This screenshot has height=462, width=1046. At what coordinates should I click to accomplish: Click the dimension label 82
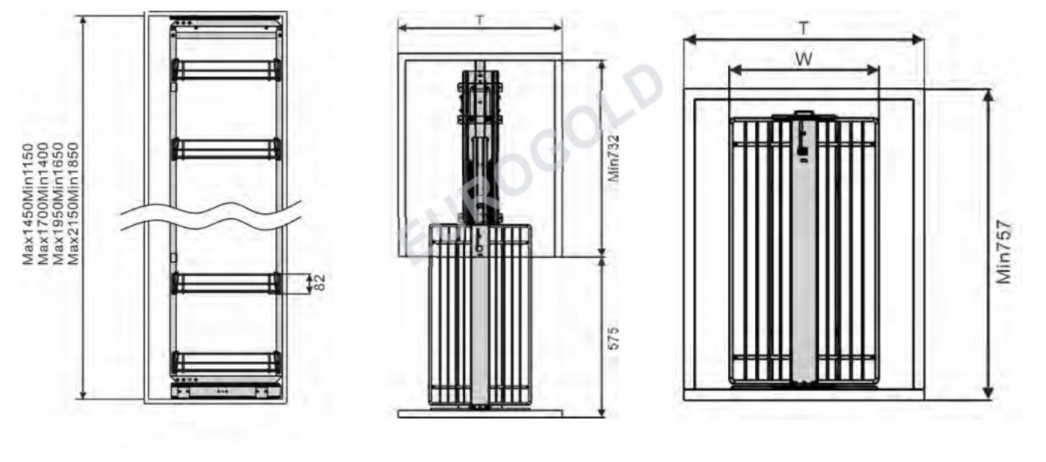pyautogui.click(x=320, y=283)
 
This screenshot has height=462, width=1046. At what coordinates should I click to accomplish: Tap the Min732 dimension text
pyautogui.click(x=614, y=158)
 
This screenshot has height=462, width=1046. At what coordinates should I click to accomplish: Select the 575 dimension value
pyautogui.click(x=614, y=338)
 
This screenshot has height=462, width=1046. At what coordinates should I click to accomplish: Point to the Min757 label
pyautogui.click(x=1003, y=251)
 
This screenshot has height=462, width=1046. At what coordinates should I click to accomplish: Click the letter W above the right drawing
pyautogui.click(x=803, y=59)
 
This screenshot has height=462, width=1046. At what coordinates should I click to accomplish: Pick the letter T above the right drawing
pyautogui.click(x=803, y=28)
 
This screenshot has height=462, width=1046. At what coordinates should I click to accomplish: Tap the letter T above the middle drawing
pyautogui.click(x=479, y=20)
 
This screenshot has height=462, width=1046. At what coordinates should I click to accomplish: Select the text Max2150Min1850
pyautogui.click(x=73, y=204)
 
